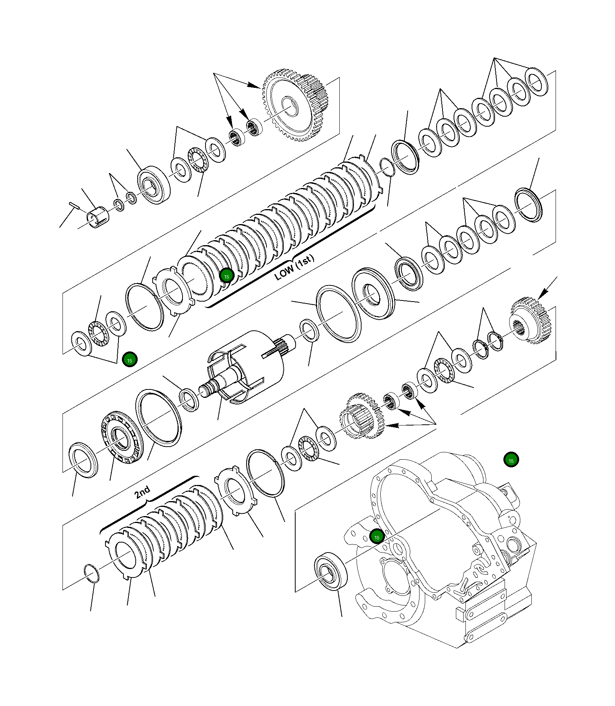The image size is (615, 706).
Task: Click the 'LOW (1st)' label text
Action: coord(294,267)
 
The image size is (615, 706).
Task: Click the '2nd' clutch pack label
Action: coord(142,492)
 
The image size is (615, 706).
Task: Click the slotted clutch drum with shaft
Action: coord(245,368)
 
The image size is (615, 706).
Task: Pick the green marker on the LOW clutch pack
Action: coord(227,276)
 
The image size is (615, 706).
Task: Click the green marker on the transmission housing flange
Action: coord(377,537)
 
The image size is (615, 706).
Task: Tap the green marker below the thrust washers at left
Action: coord(130,360)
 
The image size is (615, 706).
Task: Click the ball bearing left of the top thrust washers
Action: coord(153,185)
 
